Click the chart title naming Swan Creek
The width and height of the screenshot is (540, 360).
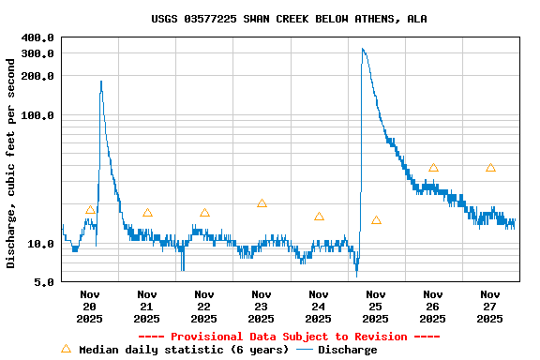[289, 19]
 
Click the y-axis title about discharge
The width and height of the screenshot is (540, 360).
[11, 163]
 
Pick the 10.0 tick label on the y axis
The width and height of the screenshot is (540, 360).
[41, 244]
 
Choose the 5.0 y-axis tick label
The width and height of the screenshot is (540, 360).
[44, 282]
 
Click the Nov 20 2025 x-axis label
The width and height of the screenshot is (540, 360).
[90, 307]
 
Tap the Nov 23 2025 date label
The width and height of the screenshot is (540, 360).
[262, 307]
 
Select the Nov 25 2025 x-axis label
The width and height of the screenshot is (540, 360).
[376, 307]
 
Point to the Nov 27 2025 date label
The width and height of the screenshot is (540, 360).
[490, 307]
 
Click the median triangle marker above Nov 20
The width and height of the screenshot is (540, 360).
[90, 210]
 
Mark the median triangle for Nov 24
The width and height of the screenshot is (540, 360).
[319, 217]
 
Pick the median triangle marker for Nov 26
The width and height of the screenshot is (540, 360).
[433, 168]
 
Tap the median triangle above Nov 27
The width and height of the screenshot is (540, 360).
[490, 168]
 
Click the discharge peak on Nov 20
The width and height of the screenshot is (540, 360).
[101, 82]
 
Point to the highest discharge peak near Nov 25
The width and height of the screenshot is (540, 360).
[363, 50]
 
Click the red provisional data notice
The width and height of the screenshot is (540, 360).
[289, 337]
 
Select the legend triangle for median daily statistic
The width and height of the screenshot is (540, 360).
[66, 350]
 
